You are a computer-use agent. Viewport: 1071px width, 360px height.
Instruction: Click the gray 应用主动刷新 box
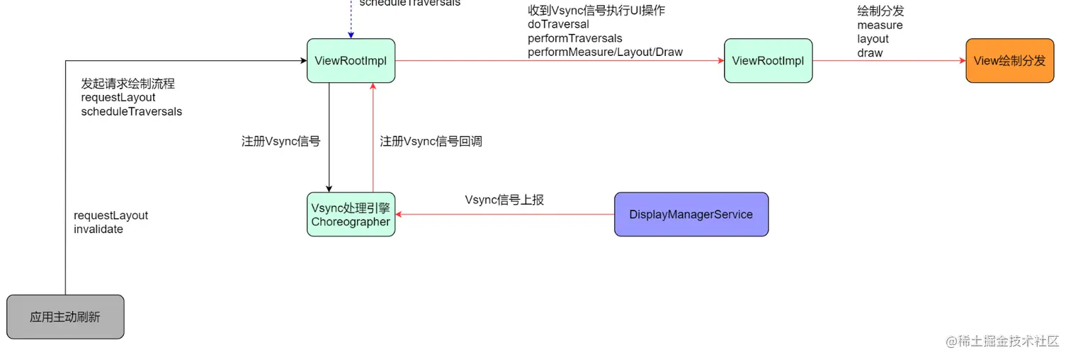pyautogui.click(x=65, y=317)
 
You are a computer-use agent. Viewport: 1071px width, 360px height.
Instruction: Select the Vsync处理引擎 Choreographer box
pyautogui.click(x=351, y=214)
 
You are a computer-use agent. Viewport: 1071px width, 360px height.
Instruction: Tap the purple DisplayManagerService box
pyautogui.click(x=691, y=214)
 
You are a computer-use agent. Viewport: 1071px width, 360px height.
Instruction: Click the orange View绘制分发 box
pyautogui.click(x=1009, y=61)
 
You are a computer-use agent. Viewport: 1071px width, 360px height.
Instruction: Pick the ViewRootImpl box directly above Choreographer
pyautogui.click(x=351, y=61)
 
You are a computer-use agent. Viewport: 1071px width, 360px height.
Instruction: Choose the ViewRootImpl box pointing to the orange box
pyautogui.click(x=768, y=61)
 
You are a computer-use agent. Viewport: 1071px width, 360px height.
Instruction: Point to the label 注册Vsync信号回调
pyautogui.click(x=431, y=141)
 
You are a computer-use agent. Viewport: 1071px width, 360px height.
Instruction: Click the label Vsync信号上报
pyautogui.click(x=504, y=200)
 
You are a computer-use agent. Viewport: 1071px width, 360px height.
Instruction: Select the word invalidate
pyautogui.click(x=98, y=230)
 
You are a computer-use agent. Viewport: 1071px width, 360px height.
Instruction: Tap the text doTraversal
pyautogui.click(x=558, y=24)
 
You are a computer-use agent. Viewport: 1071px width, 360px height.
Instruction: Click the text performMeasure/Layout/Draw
pyautogui.click(x=605, y=52)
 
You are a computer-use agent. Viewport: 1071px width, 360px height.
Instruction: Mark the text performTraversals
pyautogui.click(x=574, y=38)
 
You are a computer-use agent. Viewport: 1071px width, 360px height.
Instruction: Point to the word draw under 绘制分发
pyautogui.click(x=870, y=52)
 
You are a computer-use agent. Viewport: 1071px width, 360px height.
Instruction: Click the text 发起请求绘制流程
pyautogui.click(x=127, y=84)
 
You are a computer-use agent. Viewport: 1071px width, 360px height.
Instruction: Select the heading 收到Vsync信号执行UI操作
pyautogui.click(x=596, y=10)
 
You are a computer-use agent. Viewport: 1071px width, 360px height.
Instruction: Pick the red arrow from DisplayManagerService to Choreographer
pyautogui.click(x=504, y=214)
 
